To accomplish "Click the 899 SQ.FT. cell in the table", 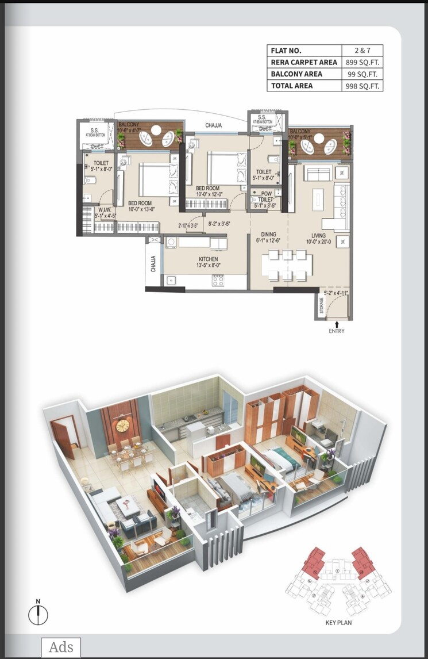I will (362, 62).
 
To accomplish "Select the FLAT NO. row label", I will (286, 51).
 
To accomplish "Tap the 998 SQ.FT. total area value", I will (362, 86).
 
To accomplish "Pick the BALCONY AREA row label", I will (297, 74).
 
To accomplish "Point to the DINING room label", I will (269, 235).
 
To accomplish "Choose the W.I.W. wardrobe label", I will (105, 210).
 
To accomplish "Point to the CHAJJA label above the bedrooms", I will (214, 125).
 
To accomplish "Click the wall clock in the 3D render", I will (122, 426).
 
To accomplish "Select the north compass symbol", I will (38, 614).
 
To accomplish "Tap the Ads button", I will (61, 647).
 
